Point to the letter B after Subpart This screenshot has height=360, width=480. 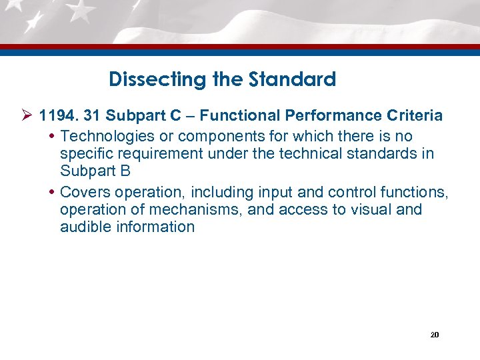125,171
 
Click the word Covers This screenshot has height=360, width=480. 85,193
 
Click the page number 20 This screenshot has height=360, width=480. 434,334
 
